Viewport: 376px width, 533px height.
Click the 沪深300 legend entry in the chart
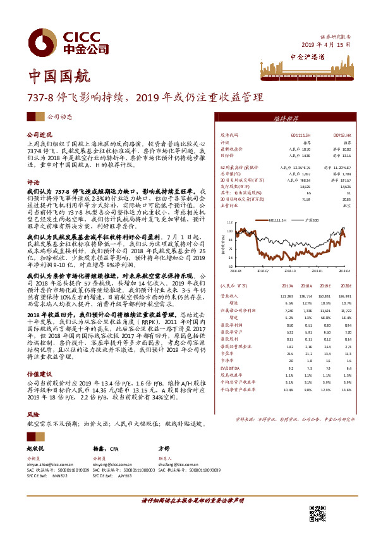[x=318, y=220]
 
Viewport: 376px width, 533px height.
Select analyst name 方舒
[x=164, y=448]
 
